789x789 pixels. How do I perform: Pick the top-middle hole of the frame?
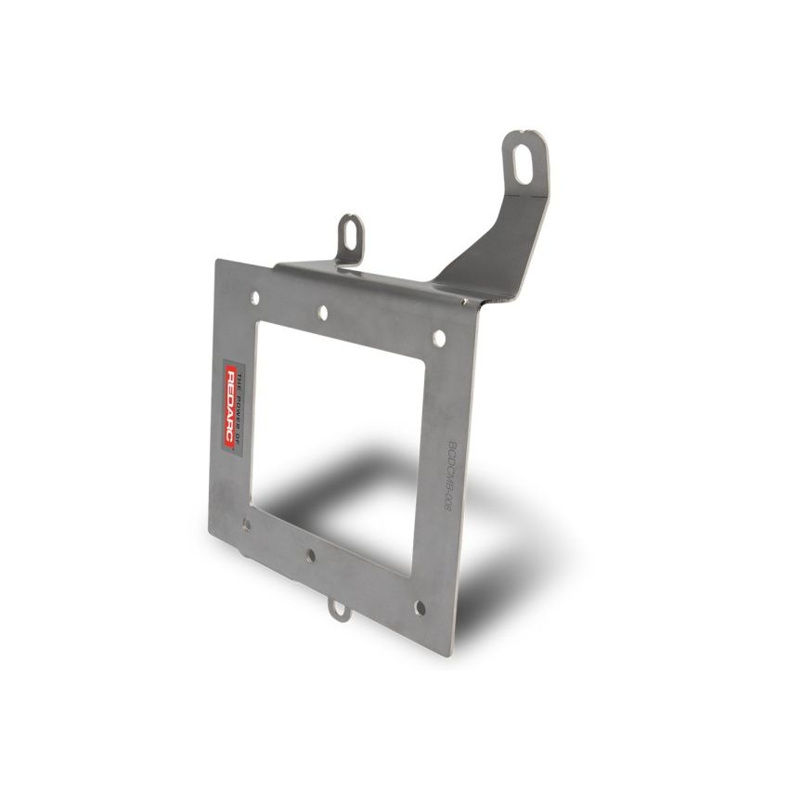click(323, 314)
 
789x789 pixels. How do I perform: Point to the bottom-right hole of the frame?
click(420, 608)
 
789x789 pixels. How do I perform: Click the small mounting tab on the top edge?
click(351, 236)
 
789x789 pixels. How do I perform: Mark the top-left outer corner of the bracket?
click(216, 261)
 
